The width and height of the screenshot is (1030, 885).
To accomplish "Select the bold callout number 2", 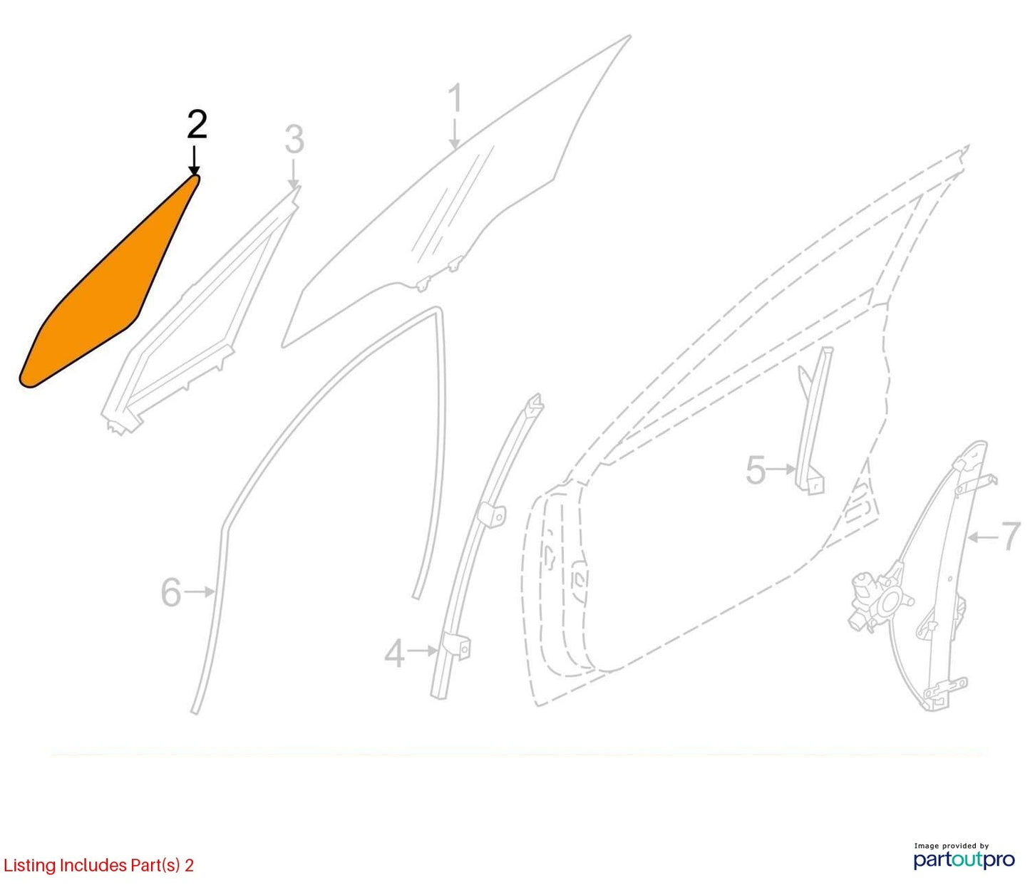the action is [197, 125].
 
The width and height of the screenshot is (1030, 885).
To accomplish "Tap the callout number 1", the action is [456, 98].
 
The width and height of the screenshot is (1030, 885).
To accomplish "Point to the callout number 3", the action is [294, 140].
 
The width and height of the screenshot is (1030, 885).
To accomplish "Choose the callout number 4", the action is [395, 654].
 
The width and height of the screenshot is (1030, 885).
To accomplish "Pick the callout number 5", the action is [756, 470].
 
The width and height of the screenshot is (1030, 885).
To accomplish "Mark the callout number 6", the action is [171, 593].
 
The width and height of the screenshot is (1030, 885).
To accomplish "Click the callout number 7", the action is [1011, 537].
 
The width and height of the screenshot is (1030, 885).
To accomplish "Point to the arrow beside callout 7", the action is [981, 537].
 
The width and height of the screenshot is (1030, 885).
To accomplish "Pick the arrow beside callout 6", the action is [200, 591].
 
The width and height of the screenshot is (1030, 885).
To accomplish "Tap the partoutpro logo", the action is [964, 860].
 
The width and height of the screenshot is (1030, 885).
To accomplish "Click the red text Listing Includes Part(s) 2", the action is [98, 865].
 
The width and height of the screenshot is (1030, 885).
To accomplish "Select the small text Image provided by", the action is [952, 846].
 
